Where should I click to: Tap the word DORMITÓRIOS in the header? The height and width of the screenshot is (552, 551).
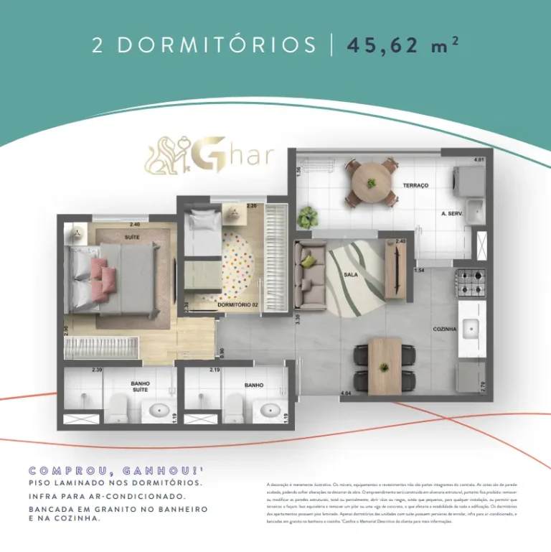pos(216,45)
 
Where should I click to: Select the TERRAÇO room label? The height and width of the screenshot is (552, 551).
pos(415,185)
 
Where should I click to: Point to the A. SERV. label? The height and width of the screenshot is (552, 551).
pos(454,214)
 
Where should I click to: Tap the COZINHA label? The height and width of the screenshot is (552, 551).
pos(445,329)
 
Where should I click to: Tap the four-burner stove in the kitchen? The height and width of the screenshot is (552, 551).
pos(471,281)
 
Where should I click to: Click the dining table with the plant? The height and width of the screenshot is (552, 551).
pos(385,365)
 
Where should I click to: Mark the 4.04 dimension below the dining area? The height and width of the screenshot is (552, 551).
pos(345,393)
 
